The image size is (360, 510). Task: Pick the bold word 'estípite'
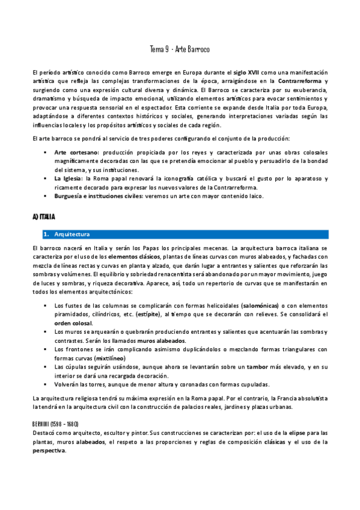tap(148, 314)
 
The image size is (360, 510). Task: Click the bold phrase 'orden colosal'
tap(73, 323)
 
